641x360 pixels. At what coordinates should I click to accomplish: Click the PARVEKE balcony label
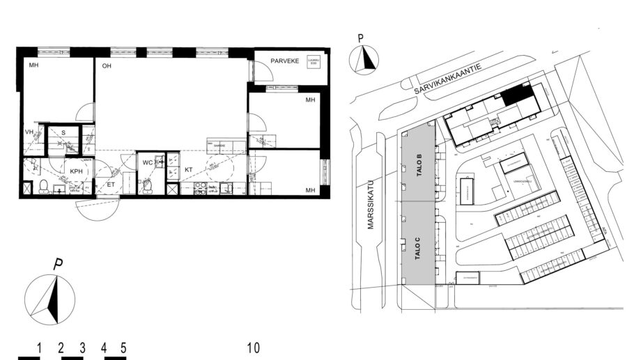tap(285, 61)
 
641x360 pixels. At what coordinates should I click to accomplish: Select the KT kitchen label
tap(188, 169)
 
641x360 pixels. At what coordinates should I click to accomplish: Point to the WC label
tap(148, 162)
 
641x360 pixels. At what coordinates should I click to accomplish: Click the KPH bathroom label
tap(77, 171)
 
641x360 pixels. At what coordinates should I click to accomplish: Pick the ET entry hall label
tap(110, 185)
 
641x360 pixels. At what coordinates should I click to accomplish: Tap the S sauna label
tap(63, 132)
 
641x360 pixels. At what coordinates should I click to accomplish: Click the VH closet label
tap(29, 132)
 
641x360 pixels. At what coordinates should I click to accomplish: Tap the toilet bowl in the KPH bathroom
tap(43, 185)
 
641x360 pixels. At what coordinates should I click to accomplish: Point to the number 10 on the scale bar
tap(254, 347)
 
